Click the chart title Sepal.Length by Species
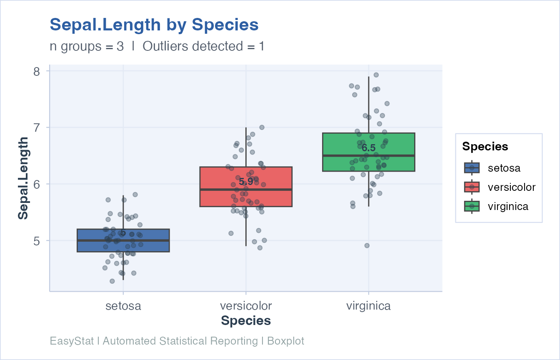(154, 25)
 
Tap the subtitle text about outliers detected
(157, 46)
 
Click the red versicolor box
(217, 198)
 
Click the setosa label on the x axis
(123, 306)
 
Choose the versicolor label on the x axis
(246, 306)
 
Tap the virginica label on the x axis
(368, 306)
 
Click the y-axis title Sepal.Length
(23, 178)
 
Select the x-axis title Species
(246, 321)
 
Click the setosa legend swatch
(472, 168)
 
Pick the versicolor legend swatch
(472, 187)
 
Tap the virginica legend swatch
(472, 206)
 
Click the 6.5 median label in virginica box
(368, 148)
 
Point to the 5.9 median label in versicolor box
(246, 181)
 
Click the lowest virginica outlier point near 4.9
(367, 245)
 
